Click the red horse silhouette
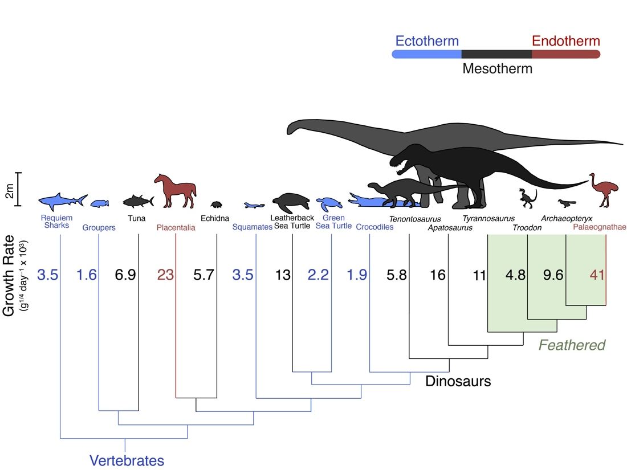pos(176,191)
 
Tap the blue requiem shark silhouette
pos(63,202)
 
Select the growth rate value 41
pos(597,275)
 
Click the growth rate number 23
pos(165,275)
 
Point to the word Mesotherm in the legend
pos(498,69)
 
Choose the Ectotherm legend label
pos(427,41)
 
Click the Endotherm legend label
pos(566,41)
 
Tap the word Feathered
pos(572,345)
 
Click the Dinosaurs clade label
pos(458,381)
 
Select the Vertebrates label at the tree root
pos(127,461)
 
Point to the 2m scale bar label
pos(10,191)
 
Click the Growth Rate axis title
pos(9,276)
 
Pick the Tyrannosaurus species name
pos(488,219)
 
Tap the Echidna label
pos(215,218)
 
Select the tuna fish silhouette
pos(139,201)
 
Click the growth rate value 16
pos(437,275)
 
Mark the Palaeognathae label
pos(600,227)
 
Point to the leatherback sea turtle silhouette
pos(291,203)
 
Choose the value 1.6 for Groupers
pos(87,275)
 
